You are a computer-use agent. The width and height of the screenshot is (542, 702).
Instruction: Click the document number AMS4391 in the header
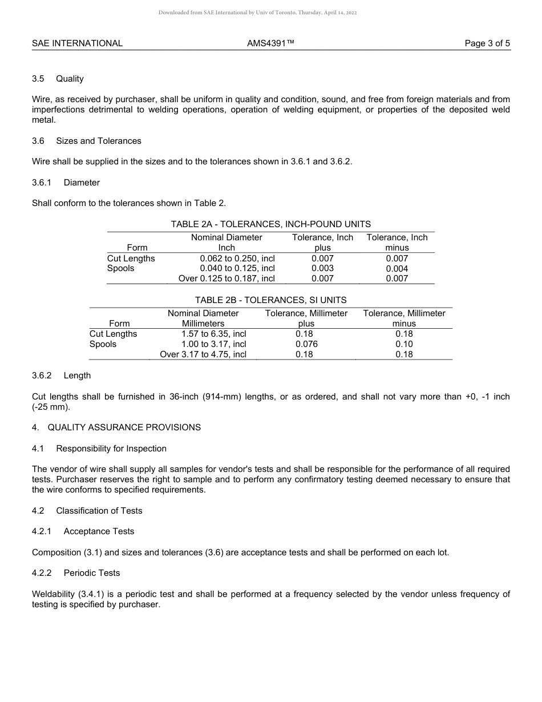coord(270,43)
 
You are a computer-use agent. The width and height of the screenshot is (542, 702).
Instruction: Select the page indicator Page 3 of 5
coord(487,43)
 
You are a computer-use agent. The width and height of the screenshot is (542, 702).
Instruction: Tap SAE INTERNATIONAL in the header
coord(77,43)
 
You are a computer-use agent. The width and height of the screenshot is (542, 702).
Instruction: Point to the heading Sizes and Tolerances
coord(98,141)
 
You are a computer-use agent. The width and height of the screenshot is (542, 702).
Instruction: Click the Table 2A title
coord(270,224)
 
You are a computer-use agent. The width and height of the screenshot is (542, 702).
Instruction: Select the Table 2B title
coord(270,300)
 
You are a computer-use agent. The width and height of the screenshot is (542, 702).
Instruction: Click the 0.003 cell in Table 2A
coord(322,268)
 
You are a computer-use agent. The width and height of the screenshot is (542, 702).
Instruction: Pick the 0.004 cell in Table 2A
coord(397,269)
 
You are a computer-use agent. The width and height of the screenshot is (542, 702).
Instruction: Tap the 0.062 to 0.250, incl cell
coord(237,259)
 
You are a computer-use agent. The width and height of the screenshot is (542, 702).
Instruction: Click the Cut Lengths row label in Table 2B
coord(113,334)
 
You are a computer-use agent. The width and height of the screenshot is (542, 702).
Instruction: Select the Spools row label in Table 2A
coord(120,268)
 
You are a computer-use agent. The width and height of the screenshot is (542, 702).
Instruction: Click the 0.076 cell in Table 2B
coord(306,344)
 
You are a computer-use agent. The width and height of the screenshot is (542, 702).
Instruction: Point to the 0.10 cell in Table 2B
coord(404,344)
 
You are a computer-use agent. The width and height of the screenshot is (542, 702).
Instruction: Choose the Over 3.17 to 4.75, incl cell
coord(203,354)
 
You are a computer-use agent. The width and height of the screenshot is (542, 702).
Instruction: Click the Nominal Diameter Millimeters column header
coord(203,318)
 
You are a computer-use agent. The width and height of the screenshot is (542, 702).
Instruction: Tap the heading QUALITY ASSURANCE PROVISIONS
coord(124,427)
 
